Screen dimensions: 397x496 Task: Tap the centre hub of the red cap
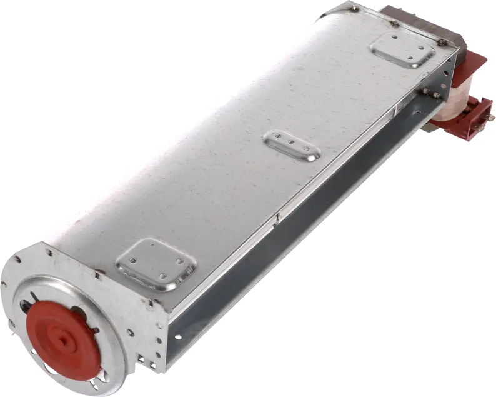pyautogui.click(x=62, y=341)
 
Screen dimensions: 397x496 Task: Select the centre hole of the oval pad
pyautogui.click(x=291, y=143)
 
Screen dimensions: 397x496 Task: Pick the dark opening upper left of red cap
pyautogui.click(x=24, y=307)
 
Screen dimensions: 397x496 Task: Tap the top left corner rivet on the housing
pyautogui.click(x=355, y=9)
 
